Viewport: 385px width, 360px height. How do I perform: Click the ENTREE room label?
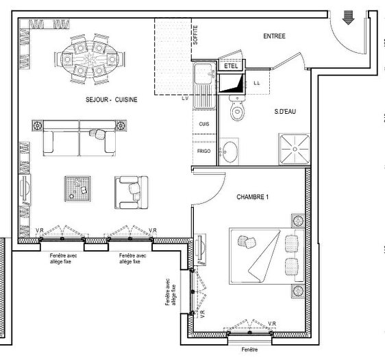[x=274, y=36]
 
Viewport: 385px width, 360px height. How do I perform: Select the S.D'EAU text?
[x=285, y=112]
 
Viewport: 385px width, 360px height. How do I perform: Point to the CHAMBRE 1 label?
[x=253, y=197]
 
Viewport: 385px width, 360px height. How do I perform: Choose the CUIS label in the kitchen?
[x=203, y=123]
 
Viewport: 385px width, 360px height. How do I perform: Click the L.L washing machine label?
[x=257, y=84]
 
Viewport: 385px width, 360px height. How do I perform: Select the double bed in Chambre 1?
[x=264, y=255]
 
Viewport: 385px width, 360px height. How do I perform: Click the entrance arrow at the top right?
[x=348, y=19]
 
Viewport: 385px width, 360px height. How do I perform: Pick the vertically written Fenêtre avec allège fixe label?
[x=169, y=297]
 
